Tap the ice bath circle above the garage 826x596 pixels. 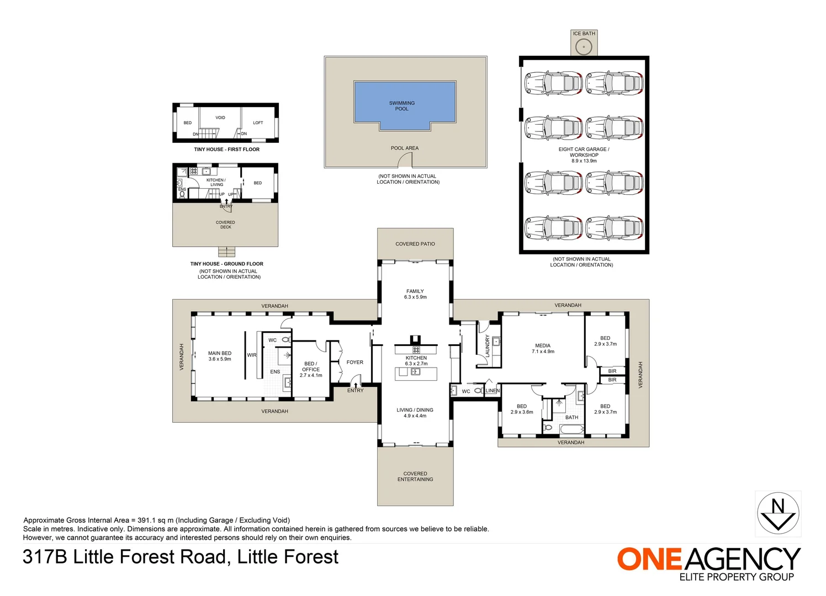point(584,47)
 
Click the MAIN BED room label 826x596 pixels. point(220,356)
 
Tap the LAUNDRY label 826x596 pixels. point(488,346)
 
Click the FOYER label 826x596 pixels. point(355,363)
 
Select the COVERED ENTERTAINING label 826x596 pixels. point(415,476)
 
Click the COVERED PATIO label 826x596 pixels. point(415,244)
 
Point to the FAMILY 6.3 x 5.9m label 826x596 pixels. point(415,294)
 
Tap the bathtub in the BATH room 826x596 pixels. point(571,430)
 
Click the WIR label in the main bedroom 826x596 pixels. point(252,355)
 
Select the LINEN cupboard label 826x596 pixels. point(493,391)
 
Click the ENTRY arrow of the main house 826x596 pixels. point(356,385)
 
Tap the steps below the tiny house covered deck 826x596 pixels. point(226,252)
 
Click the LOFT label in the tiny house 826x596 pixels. point(258,123)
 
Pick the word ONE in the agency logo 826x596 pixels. point(650,559)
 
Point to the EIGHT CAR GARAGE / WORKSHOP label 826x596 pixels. point(584,152)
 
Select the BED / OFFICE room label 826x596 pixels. point(311,369)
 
